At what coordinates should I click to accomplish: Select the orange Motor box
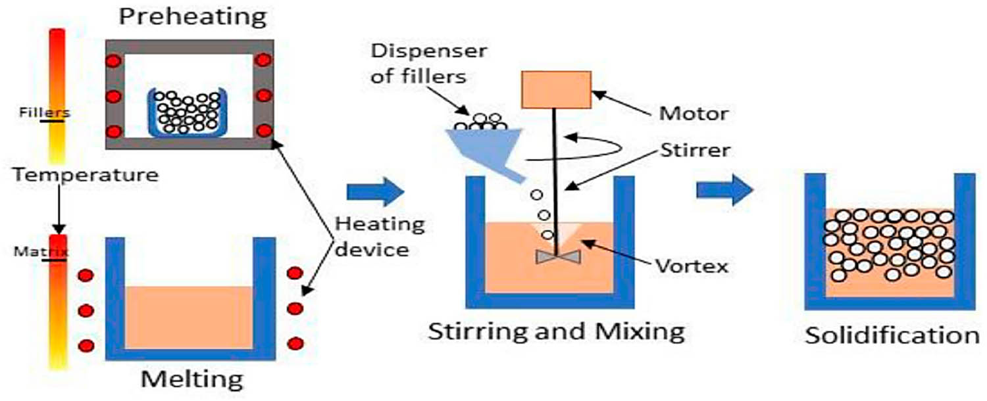[556, 89]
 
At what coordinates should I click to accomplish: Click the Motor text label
[693, 114]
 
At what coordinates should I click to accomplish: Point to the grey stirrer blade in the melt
[557, 257]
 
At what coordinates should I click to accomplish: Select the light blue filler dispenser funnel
[484, 145]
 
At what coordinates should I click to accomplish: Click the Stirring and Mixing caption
[556, 330]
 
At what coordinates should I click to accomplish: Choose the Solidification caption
[892, 335]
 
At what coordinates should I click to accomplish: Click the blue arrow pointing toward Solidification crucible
[724, 191]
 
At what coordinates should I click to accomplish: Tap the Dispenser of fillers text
[418, 63]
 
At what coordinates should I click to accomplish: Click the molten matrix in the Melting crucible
[189, 317]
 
